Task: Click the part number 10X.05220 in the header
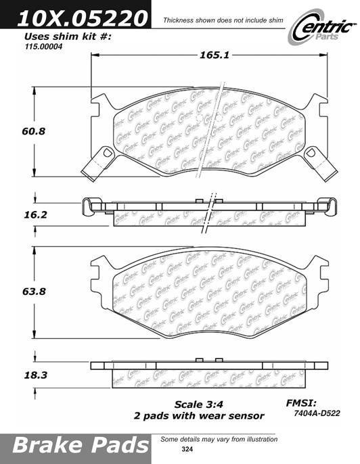point(83,18)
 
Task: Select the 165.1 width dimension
point(214,55)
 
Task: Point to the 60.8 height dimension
point(33,131)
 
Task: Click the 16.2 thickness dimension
point(35,215)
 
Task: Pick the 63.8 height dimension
point(34,292)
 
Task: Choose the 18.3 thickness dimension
point(35,375)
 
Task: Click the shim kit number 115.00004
point(43,47)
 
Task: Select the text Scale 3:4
point(199,404)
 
